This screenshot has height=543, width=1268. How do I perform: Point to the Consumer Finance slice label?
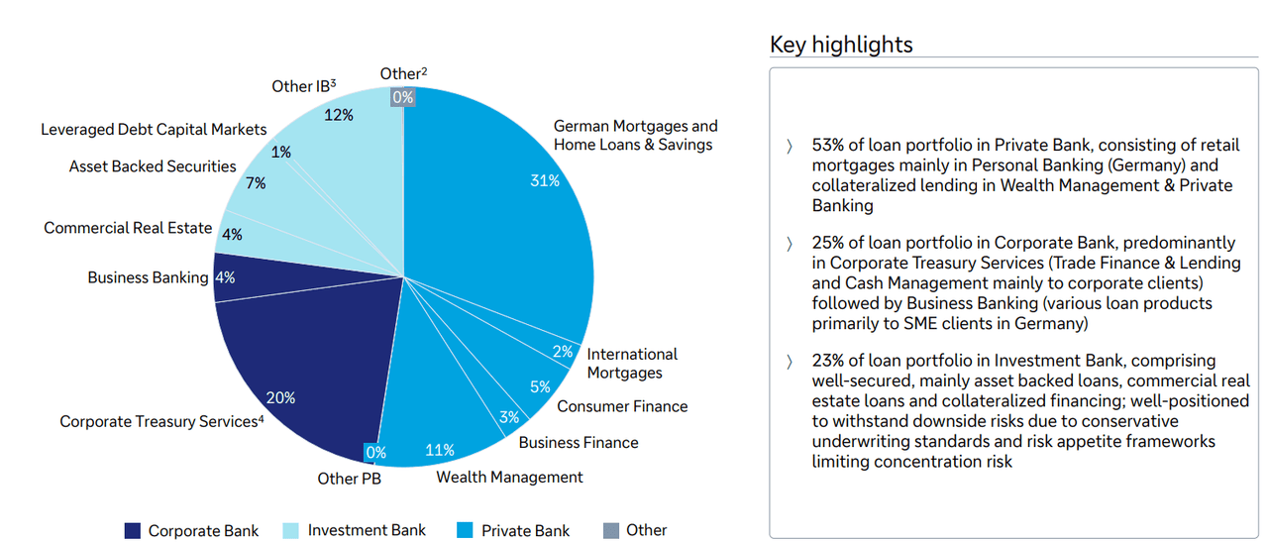click(x=621, y=406)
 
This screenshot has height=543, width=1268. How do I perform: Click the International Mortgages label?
click(x=631, y=364)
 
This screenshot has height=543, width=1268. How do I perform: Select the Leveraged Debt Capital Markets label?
click(x=154, y=130)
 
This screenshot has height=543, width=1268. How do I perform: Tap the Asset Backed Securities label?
click(x=153, y=166)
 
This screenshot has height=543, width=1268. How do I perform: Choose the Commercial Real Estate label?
click(x=128, y=228)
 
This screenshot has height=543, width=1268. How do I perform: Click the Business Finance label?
click(x=578, y=442)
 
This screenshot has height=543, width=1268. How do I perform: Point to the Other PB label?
click(x=349, y=479)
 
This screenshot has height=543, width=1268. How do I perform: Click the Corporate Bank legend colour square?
click(x=133, y=530)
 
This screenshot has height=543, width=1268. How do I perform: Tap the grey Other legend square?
click(x=611, y=530)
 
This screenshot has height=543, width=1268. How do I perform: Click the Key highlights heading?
click(x=841, y=45)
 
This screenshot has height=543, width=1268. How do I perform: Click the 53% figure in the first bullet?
click(x=828, y=146)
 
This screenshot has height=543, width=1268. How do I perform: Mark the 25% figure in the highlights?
click(x=828, y=243)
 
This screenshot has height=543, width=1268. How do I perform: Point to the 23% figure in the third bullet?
click(x=828, y=361)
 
